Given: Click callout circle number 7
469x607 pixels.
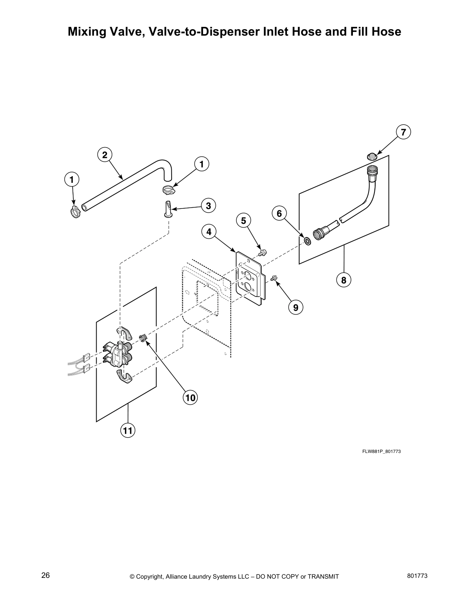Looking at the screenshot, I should pos(403,132).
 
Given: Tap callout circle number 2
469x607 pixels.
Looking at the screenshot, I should pos(104,155).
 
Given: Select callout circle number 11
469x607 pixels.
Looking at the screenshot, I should pos(127,430).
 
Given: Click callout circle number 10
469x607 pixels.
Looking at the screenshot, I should pos(190,398).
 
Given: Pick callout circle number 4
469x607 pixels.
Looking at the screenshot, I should pos(209,232).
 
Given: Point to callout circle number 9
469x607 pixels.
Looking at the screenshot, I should pos(295,307).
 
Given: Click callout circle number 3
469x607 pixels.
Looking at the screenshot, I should pos(208,206).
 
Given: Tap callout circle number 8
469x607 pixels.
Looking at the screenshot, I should pos(343,280).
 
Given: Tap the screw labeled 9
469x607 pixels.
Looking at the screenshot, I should pos(274,278).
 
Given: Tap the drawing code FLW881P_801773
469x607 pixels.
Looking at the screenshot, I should pos(381,451).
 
